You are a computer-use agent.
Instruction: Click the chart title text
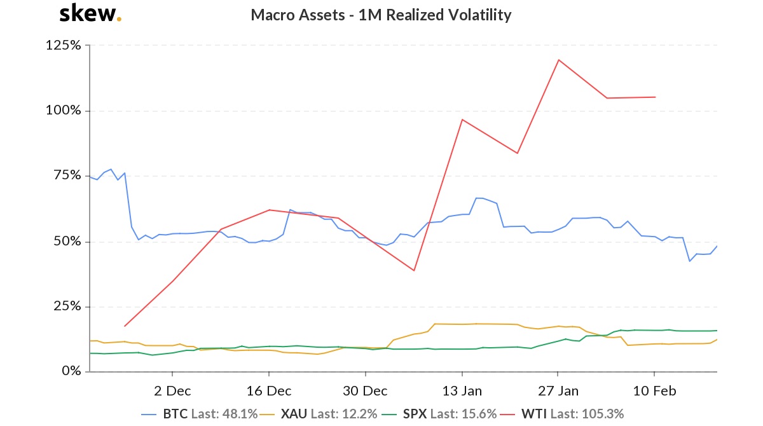tap(381, 15)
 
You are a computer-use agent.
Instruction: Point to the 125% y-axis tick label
tap(63, 45)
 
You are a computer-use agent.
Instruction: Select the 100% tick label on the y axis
tap(63, 111)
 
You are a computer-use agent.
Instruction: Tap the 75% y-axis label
tap(66, 175)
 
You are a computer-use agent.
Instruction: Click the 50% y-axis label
tap(66, 242)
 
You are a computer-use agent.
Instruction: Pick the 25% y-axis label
tap(66, 306)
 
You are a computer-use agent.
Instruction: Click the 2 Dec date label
tap(172, 389)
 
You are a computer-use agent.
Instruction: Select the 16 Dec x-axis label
tap(268, 389)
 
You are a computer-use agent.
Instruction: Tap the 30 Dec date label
tap(365, 389)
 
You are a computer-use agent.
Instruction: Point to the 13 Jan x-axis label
tap(462, 389)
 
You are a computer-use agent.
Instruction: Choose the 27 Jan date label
tap(558, 389)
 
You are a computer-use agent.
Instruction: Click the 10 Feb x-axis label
tap(654, 389)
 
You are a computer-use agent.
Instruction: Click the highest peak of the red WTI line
tap(558, 60)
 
